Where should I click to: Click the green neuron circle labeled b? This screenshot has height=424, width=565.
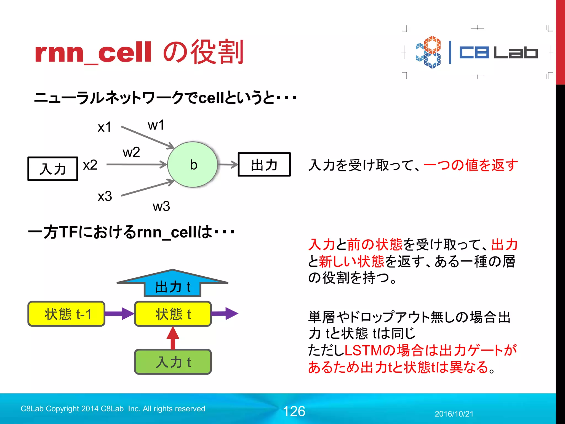[193, 165]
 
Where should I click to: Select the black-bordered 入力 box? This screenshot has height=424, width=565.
[53, 169]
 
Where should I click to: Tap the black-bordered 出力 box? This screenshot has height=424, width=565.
[264, 165]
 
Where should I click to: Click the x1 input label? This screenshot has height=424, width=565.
[104, 127]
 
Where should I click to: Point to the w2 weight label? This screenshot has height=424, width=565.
[131, 152]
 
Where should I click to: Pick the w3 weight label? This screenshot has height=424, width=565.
[161, 206]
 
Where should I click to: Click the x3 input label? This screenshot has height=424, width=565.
[105, 196]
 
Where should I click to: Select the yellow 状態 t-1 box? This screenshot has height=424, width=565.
[66, 314]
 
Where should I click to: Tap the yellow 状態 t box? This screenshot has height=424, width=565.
[173, 314]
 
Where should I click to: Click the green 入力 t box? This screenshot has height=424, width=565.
[173, 362]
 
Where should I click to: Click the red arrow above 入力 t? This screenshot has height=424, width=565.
[173, 338]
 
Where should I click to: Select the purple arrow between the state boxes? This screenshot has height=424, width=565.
[119, 314]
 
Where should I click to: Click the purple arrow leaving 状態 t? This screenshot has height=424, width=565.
[225, 314]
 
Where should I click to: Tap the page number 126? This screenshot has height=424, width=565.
[294, 411]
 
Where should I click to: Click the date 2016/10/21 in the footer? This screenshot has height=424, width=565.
[454, 414]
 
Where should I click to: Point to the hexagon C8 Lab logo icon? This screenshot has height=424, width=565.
[428, 52]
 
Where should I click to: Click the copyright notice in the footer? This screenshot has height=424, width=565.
[113, 409]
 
